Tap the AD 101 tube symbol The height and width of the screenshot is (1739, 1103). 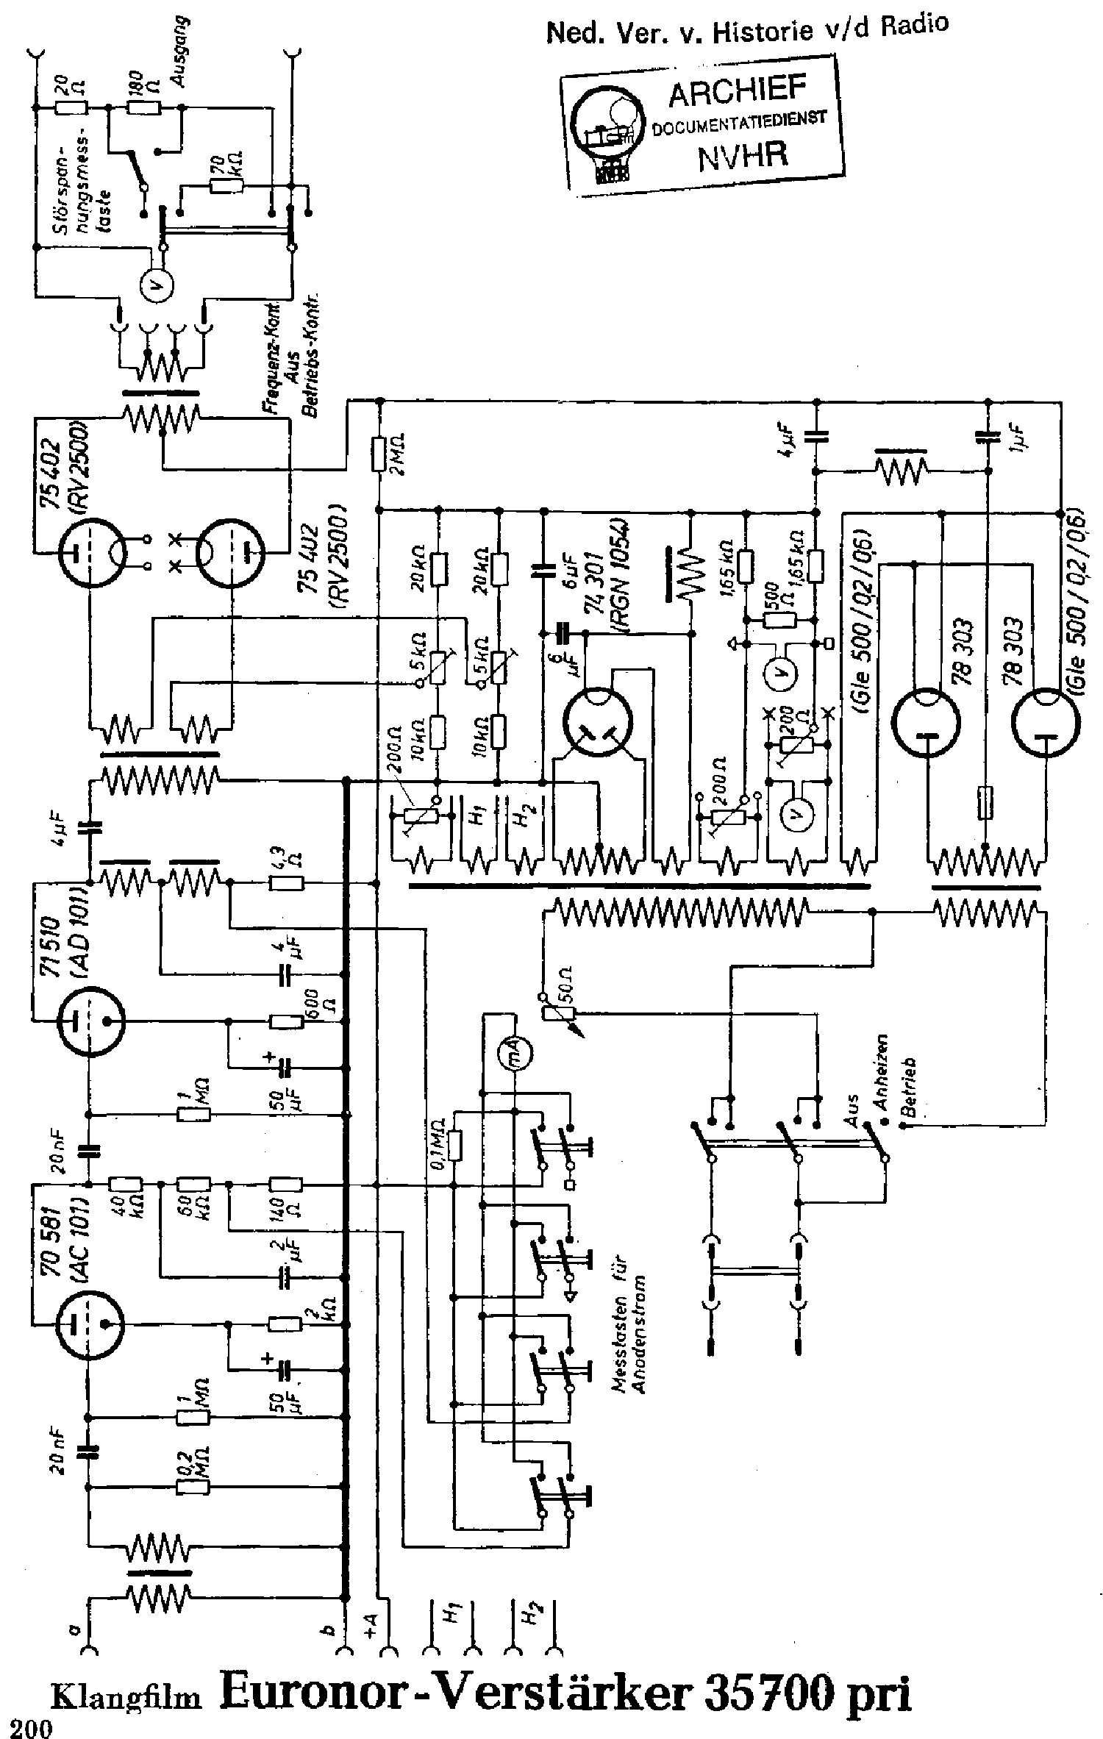pyautogui.click(x=90, y=1021)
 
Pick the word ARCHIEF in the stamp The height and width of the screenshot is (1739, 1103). pyautogui.click(x=738, y=93)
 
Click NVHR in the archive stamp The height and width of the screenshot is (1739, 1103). pyautogui.click(x=743, y=156)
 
